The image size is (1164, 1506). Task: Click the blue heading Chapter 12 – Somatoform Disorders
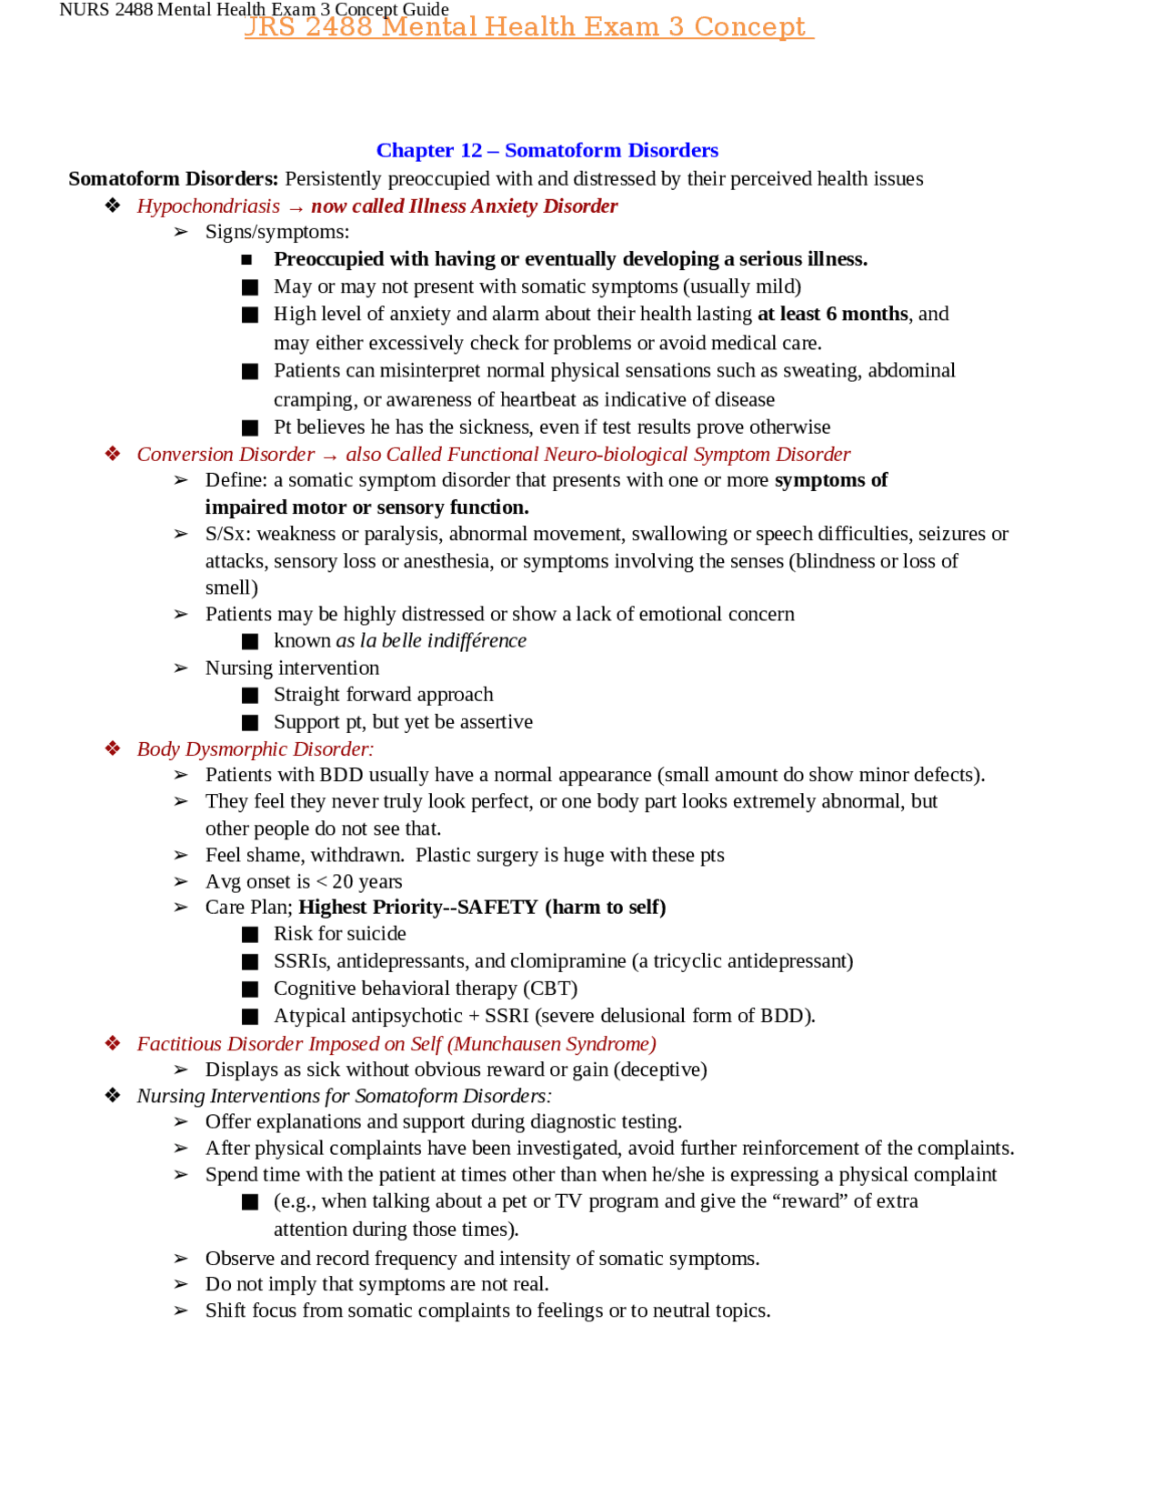tap(547, 150)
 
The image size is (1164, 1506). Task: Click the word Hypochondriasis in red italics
tap(208, 206)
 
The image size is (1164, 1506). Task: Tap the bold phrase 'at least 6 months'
tap(832, 314)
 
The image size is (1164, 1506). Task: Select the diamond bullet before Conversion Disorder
tap(113, 454)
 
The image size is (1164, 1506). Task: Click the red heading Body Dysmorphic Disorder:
tap(255, 748)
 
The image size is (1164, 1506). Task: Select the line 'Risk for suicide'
tap(339, 933)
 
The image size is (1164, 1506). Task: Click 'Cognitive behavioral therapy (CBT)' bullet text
tap(425, 988)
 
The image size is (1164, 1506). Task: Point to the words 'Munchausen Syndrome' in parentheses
tap(551, 1043)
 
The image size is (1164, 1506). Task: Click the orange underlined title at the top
tap(528, 26)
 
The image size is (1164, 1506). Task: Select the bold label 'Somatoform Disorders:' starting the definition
tap(173, 178)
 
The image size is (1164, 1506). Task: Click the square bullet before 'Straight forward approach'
tap(250, 696)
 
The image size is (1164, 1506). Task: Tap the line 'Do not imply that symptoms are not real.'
tap(376, 1283)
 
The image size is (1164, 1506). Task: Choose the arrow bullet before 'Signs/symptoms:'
tap(181, 232)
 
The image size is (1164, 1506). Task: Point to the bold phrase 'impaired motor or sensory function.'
tap(366, 507)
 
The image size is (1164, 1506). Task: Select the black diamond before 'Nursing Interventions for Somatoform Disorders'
tap(113, 1095)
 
